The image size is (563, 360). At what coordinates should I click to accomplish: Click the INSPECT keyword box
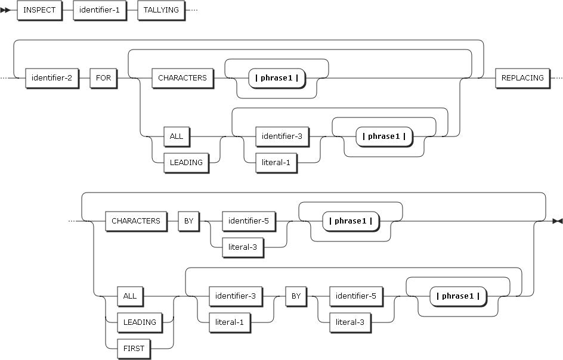tap(39, 11)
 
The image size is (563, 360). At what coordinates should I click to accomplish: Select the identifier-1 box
tap(100, 11)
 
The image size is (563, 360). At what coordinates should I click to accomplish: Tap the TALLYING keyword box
tap(161, 11)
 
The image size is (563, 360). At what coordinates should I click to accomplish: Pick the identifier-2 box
tap(52, 78)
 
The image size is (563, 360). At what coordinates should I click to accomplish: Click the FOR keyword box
tap(104, 78)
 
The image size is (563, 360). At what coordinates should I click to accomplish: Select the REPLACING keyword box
tap(522, 78)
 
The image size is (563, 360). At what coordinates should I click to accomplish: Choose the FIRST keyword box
tap(134, 348)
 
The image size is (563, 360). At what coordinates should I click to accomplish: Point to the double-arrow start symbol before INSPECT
tap(7, 11)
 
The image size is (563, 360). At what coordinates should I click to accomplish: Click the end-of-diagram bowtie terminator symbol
tap(557, 221)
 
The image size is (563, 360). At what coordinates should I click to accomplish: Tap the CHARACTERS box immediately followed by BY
tap(136, 221)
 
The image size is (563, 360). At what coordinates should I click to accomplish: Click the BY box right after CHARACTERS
tap(188, 221)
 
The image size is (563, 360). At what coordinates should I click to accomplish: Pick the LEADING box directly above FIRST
tap(140, 322)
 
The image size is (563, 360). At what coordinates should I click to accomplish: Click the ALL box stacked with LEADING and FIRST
tap(129, 296)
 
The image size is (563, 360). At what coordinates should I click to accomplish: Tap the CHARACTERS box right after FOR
tap(182, 78)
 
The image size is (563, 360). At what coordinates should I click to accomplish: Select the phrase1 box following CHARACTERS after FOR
tap(277, 78)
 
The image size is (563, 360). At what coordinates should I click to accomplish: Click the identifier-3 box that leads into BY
tap(236, 296)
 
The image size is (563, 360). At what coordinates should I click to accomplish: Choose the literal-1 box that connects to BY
tap(230, 322)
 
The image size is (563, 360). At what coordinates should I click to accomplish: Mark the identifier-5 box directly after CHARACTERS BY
tap(249, 221)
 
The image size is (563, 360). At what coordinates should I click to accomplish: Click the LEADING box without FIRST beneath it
tap(186, 162)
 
